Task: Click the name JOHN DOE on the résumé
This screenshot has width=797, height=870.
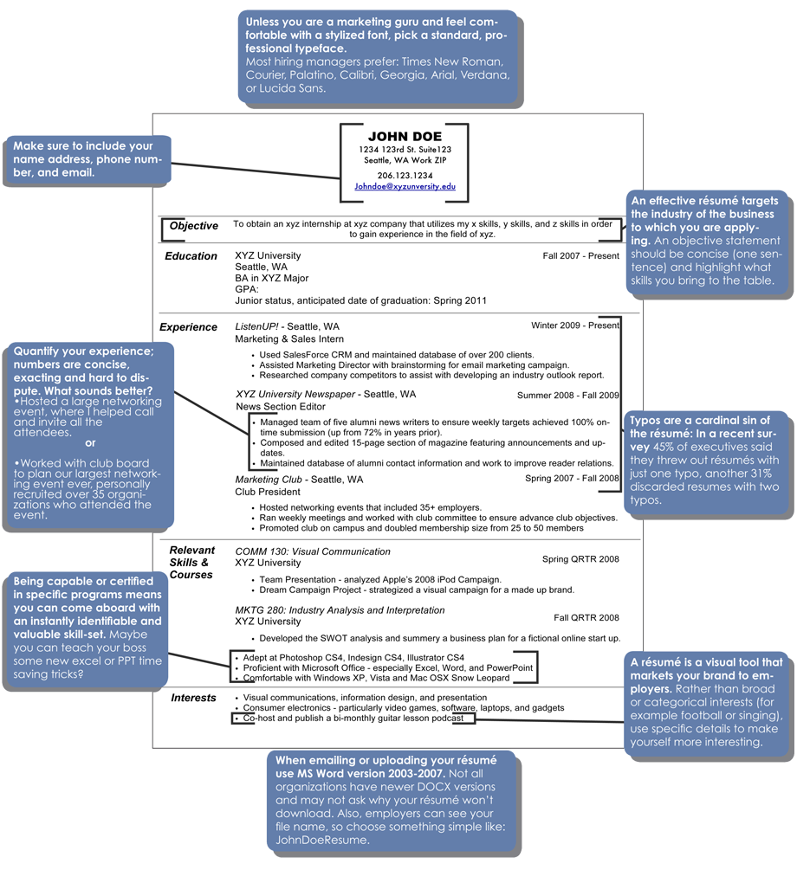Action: pyautogui.click(x=405, y=137)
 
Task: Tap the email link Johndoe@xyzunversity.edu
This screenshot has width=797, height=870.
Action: pyautogui.click(x=405, y=186)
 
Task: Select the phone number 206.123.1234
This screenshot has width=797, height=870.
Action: pyautogui.click(x=405, y=176)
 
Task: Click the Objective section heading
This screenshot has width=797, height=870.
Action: pyautogui.click(x=194, y=226)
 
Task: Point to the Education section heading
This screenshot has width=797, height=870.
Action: pyautogui.click(x=191, y=255)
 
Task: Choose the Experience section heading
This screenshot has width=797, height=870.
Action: pyautogui.click(x=188, y=327)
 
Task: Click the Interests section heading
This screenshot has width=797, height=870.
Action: pyautogui.click(x=193, y=698)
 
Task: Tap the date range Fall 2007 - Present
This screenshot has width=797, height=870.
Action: pyautogui.click(x=581, y=255)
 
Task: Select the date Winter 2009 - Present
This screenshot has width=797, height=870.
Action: pyautogui.click(x=575, y=325)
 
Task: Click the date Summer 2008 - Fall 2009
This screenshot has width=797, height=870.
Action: pyautogui.click(x=568, y=395)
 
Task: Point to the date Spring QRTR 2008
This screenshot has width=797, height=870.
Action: pyautogui.click(x=580, y=558)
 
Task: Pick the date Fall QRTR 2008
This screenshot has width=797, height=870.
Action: pyautogui.click(x=586, y=617)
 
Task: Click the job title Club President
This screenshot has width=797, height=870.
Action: pyautogui.click(x=268, y=492)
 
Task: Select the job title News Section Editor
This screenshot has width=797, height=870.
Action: pyautogui.click(x=281, y=406)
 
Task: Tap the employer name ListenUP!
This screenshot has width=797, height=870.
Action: pyautogui.click(x=256, y=326)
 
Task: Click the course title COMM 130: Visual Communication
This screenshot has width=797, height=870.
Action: pyautogui.click(x=313, y=551)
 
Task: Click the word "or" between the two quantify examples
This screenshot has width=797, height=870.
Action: pyautogui.click(x=91, y=442)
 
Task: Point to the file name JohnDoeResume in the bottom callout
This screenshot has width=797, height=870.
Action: pyautogui.click(x=321, y=840)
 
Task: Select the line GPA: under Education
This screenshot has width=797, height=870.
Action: pyautogui.click(x=247, y=289)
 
